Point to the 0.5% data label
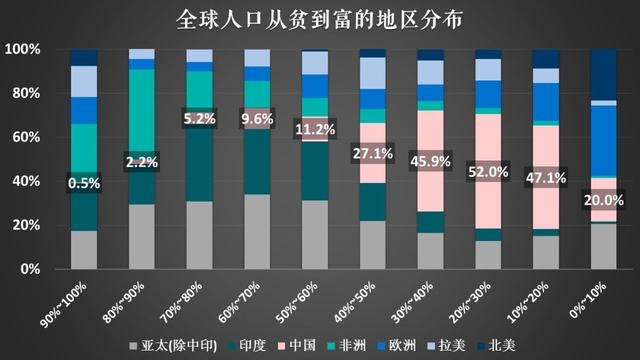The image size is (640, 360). tap(84, 183)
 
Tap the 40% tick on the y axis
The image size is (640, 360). tap(25, 181)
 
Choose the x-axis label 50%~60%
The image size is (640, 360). tap(300, 298)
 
